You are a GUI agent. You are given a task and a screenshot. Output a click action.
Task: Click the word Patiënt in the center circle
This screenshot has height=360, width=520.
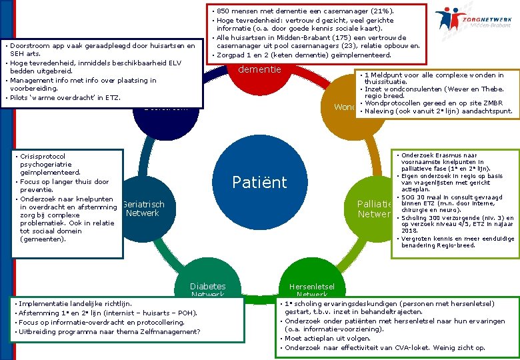(x=259, y=182)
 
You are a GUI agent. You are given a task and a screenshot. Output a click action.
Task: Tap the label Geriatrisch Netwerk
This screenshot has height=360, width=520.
(x=143, y=209)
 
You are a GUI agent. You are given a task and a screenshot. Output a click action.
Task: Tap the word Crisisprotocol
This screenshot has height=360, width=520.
(x=43, y=156)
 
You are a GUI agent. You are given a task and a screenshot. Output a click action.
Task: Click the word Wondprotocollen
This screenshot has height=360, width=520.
(x=399, y=103)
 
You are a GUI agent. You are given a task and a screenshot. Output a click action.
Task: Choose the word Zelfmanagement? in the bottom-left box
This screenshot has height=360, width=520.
(x=170, y=331)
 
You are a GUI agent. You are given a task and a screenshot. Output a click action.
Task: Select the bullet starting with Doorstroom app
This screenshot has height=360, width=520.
(x=100, y=46)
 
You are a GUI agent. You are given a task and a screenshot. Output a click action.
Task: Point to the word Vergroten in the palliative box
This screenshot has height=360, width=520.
(x=419, y=238)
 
